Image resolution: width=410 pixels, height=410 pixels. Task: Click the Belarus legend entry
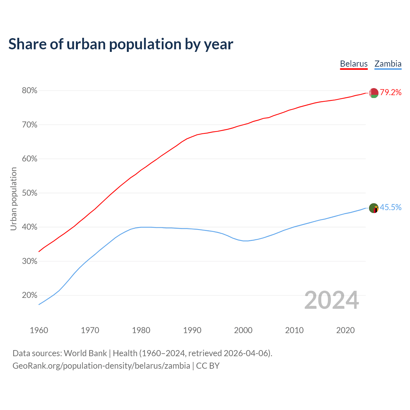tap(354, 64)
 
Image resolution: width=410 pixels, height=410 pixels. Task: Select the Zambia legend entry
tap(388, 64)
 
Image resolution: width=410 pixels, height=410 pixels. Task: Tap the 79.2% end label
tap(391, 93)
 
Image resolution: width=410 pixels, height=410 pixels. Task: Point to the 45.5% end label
tap(390, 208)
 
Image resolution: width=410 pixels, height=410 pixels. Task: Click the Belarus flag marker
tap(373, 93)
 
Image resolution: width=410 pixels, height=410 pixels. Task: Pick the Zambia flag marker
tap(374, 208)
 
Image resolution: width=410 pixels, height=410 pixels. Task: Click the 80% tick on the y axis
tap(29, 91)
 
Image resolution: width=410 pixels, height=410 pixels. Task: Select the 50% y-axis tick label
tap(29, 193)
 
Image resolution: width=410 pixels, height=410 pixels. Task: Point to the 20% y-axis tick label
tap(29, 295)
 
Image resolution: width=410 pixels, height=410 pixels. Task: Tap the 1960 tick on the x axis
tap(39, 330)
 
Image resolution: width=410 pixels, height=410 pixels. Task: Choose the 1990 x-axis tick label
tap(192, 330)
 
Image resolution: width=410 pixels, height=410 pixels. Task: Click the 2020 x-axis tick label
tap(345, 330)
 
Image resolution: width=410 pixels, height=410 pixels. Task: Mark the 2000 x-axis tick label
tap(243, 330)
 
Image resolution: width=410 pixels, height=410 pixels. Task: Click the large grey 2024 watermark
tap(332, 300)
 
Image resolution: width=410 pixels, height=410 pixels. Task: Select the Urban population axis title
tap(13, 199)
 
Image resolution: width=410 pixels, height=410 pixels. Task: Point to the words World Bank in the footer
tap(85, 353)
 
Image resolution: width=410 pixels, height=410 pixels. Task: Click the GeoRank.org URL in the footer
tap(101, 366)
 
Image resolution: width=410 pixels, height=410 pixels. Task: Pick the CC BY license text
tap(208, 366)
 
